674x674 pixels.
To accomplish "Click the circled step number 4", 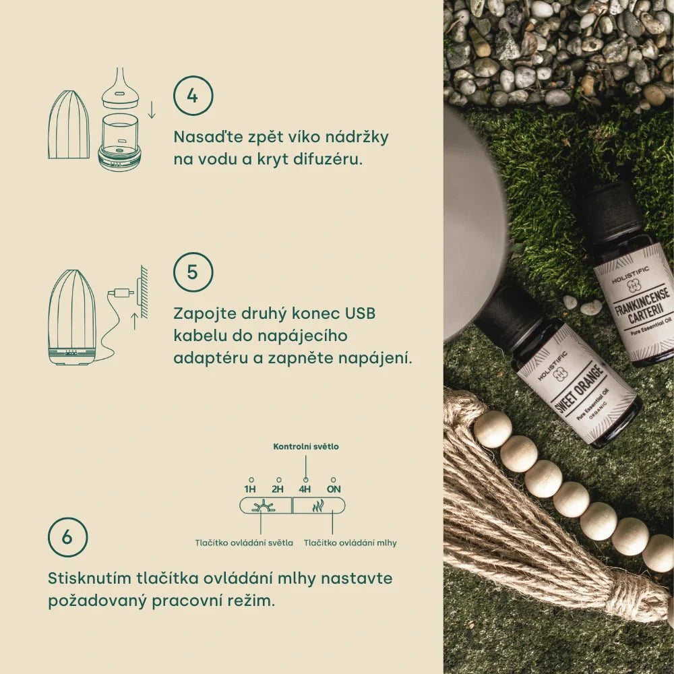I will [x=193, y=96].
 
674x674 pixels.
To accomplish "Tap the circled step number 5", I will [x=193, y=272].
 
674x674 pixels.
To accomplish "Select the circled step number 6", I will [x=68, y=537].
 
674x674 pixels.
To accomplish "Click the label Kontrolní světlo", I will [x=306, y=446].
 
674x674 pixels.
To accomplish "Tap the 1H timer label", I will [x=251, y=489].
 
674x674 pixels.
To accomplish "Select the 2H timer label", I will [x=278, y=489].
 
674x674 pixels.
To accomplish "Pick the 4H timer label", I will [x=305, y=489].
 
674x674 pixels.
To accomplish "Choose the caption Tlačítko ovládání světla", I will [x=244, y=543].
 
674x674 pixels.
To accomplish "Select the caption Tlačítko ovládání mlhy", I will [x=350, y=543].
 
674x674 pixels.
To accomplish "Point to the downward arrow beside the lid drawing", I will [x=152, y=109].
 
